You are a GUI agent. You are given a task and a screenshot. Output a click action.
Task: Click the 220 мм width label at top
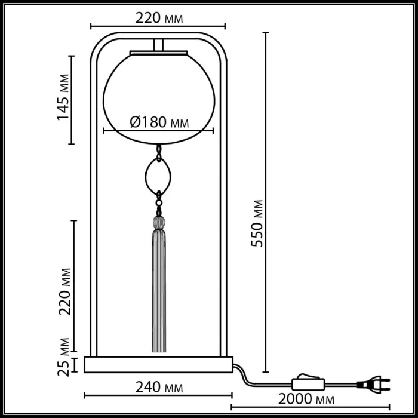[x=158, y=18]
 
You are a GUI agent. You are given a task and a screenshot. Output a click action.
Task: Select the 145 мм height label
[x=62, y=99]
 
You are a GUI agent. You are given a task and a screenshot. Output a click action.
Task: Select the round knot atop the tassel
[x=159, y=223]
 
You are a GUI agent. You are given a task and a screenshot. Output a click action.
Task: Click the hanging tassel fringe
[x=159, y=287]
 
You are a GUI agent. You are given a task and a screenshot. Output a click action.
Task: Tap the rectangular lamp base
[x=159, y=364]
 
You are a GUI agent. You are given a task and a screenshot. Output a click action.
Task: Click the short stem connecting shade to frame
[x=159, y=45]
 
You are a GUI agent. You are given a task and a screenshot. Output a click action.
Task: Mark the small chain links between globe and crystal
[x=159, y=152]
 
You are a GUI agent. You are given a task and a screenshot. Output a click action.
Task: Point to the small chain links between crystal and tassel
[x=159, y=203]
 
